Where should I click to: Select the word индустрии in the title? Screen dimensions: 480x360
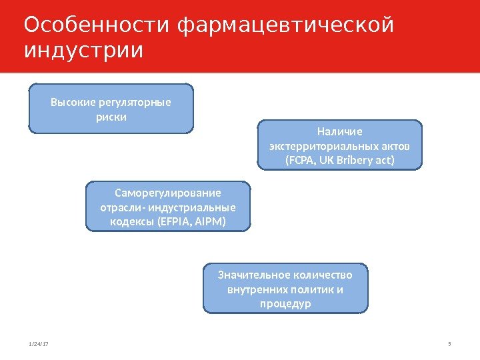tap(83, 51)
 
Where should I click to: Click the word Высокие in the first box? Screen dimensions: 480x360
tap(73, 103)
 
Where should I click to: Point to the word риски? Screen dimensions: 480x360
tap(111, 117)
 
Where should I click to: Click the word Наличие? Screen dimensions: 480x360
tap(340, 132)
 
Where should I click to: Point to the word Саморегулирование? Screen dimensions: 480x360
tap(168, 193)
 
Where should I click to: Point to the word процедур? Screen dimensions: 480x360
tap(285, 304)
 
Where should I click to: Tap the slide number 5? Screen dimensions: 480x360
tap(450, 344)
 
